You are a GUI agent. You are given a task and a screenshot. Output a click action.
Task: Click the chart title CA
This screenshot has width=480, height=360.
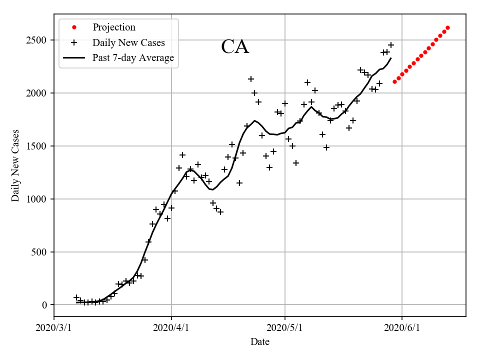pyautogui.click(x=235, y=46)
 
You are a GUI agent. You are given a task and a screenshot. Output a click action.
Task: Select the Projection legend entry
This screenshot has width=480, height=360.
pyautogui.click(x=114, y=27)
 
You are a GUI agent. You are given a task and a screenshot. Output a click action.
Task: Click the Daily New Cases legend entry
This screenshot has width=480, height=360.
pyautogui.click(x=128, y=43)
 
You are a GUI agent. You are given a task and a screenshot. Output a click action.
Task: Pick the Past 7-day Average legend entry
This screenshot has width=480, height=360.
pyautogui.click(x=133, y=58)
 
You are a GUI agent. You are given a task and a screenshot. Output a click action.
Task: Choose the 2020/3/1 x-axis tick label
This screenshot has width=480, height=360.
pyautogui.click(x=54, y=328)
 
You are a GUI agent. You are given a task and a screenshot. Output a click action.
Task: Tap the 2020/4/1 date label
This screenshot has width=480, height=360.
pyautogui.click(x=171, y=328)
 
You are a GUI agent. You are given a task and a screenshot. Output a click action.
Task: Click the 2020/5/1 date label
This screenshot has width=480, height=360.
pyautogui.click(x=285, y=328)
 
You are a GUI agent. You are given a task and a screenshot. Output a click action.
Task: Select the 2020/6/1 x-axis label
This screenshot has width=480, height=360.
pyautogui.click(x=402, y=328)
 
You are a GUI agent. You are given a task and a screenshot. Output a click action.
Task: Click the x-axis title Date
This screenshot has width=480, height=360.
pyautogui.click(x=260, y=342)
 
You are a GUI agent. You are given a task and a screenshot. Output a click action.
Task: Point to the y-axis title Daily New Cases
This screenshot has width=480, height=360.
pyautogui.click(x=16, y=165)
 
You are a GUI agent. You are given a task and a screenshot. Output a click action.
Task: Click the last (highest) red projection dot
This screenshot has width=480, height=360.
pyautogui.click(x=447, y=28)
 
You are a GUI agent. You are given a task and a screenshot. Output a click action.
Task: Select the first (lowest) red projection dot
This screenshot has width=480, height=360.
pyautogui.click(x=394, y=81)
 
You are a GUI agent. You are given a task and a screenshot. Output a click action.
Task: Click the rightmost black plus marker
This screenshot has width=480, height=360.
pyautogui.click(x=391, y=45)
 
